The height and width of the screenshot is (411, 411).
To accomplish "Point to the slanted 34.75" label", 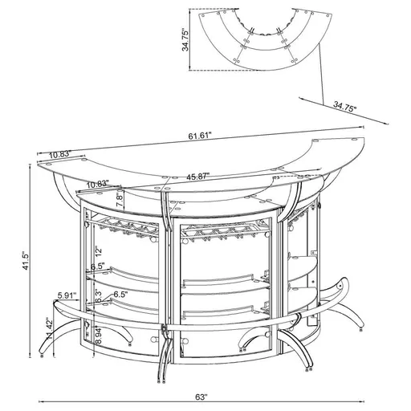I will [346, 106].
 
